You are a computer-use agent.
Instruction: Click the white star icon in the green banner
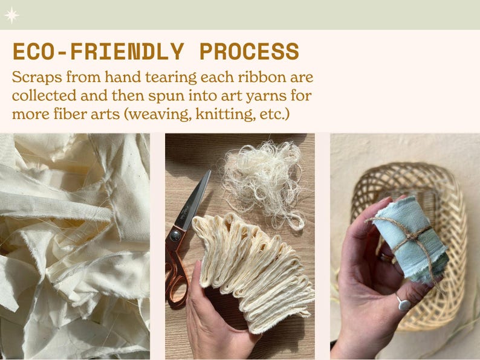11,15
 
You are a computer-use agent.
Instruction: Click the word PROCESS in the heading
249,51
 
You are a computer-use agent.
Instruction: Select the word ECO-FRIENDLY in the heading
99,51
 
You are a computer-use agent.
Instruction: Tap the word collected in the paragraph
44,95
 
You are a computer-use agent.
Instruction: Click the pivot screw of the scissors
175,235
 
